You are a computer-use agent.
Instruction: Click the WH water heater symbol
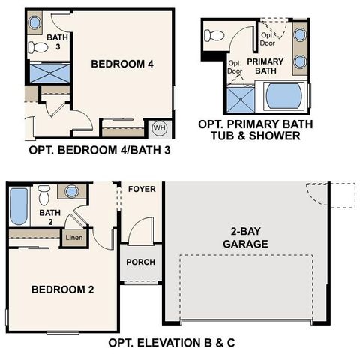pos(159,128)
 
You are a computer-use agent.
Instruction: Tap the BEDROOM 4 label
pos(122,64)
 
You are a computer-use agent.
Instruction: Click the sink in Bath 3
pos(34,22)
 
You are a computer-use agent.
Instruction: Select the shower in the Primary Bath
pos(239,100)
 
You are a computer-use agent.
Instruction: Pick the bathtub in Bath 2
pos(19,206)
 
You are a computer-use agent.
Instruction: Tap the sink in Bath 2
pos(71,191)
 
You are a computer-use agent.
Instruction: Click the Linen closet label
pos(73,238)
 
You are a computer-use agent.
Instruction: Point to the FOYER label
pos(142,189)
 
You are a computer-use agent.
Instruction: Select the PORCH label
pos(142,262)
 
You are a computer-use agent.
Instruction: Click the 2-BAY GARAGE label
pos(246,238)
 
